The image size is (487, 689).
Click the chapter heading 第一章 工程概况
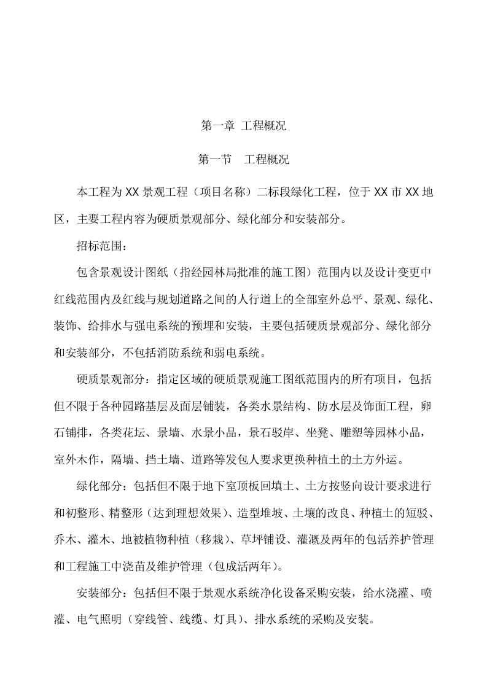coord(243,126)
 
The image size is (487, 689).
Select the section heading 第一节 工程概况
coord(243,160)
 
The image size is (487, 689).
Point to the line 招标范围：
coord(101,247)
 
